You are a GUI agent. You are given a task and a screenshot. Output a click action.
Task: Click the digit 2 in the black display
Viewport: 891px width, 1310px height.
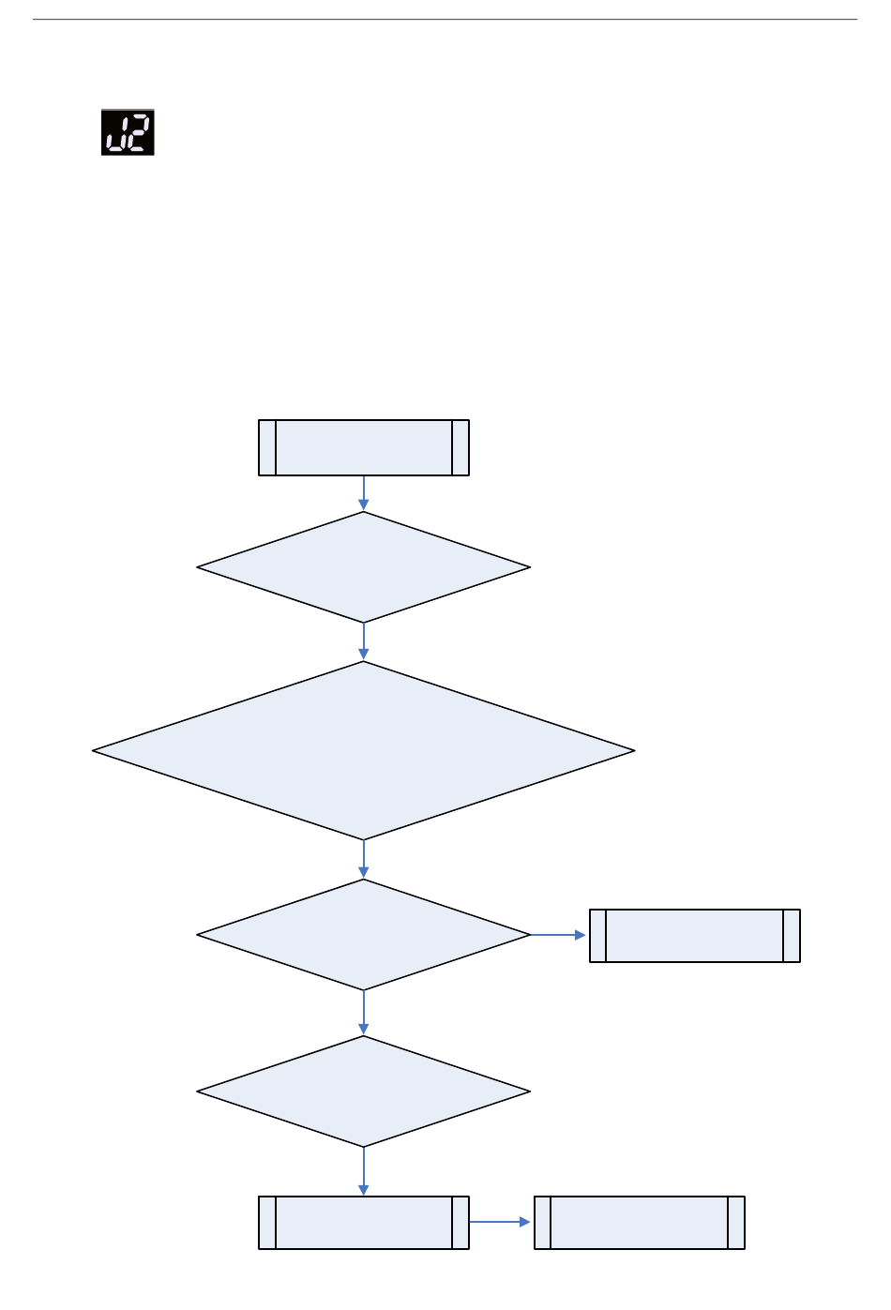click(138, 132)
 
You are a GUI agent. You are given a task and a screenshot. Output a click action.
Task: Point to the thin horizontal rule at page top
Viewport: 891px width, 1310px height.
click(445, 20)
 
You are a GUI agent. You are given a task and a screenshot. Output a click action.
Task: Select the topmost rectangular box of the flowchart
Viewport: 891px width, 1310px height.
click(364, 448)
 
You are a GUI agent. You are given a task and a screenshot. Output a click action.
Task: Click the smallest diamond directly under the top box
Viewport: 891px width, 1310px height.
click(364, 567)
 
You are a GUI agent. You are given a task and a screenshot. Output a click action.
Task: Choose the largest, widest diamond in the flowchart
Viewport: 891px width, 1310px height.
click(364, 751)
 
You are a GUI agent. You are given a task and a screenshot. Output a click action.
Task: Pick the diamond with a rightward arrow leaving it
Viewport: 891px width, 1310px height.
click(364, 935)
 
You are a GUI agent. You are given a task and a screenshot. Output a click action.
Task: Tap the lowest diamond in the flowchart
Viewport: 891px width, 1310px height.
click(364, 1092)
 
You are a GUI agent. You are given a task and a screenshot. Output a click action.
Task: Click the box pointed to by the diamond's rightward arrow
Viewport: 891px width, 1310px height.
click(695, 936)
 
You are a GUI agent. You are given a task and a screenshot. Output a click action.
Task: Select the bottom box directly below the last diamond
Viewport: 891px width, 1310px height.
click(364, 1223)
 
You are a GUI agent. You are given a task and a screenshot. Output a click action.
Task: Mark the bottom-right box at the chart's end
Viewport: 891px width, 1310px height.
click(640, 1223)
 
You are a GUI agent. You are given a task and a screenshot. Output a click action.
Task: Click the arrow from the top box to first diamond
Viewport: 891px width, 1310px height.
click(364, 493)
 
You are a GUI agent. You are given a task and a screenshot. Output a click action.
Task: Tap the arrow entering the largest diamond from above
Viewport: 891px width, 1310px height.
click(364, 642)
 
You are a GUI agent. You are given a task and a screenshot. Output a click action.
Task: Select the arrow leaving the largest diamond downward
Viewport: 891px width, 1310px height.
click(364, 859)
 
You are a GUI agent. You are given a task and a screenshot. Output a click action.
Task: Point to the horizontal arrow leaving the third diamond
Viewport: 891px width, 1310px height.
click(559, 935)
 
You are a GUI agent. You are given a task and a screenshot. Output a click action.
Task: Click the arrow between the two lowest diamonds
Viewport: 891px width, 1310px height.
click(364, 1013)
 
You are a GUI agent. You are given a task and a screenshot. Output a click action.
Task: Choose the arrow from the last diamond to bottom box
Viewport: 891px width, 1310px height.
click(364, 1171)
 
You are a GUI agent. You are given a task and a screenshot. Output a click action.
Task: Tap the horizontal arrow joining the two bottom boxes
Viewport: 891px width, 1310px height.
click(501, 1222)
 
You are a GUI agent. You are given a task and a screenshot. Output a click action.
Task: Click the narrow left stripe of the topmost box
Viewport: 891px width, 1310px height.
click(267, 448)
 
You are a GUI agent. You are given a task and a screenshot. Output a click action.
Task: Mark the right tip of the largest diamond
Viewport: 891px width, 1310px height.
click(632, 751)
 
